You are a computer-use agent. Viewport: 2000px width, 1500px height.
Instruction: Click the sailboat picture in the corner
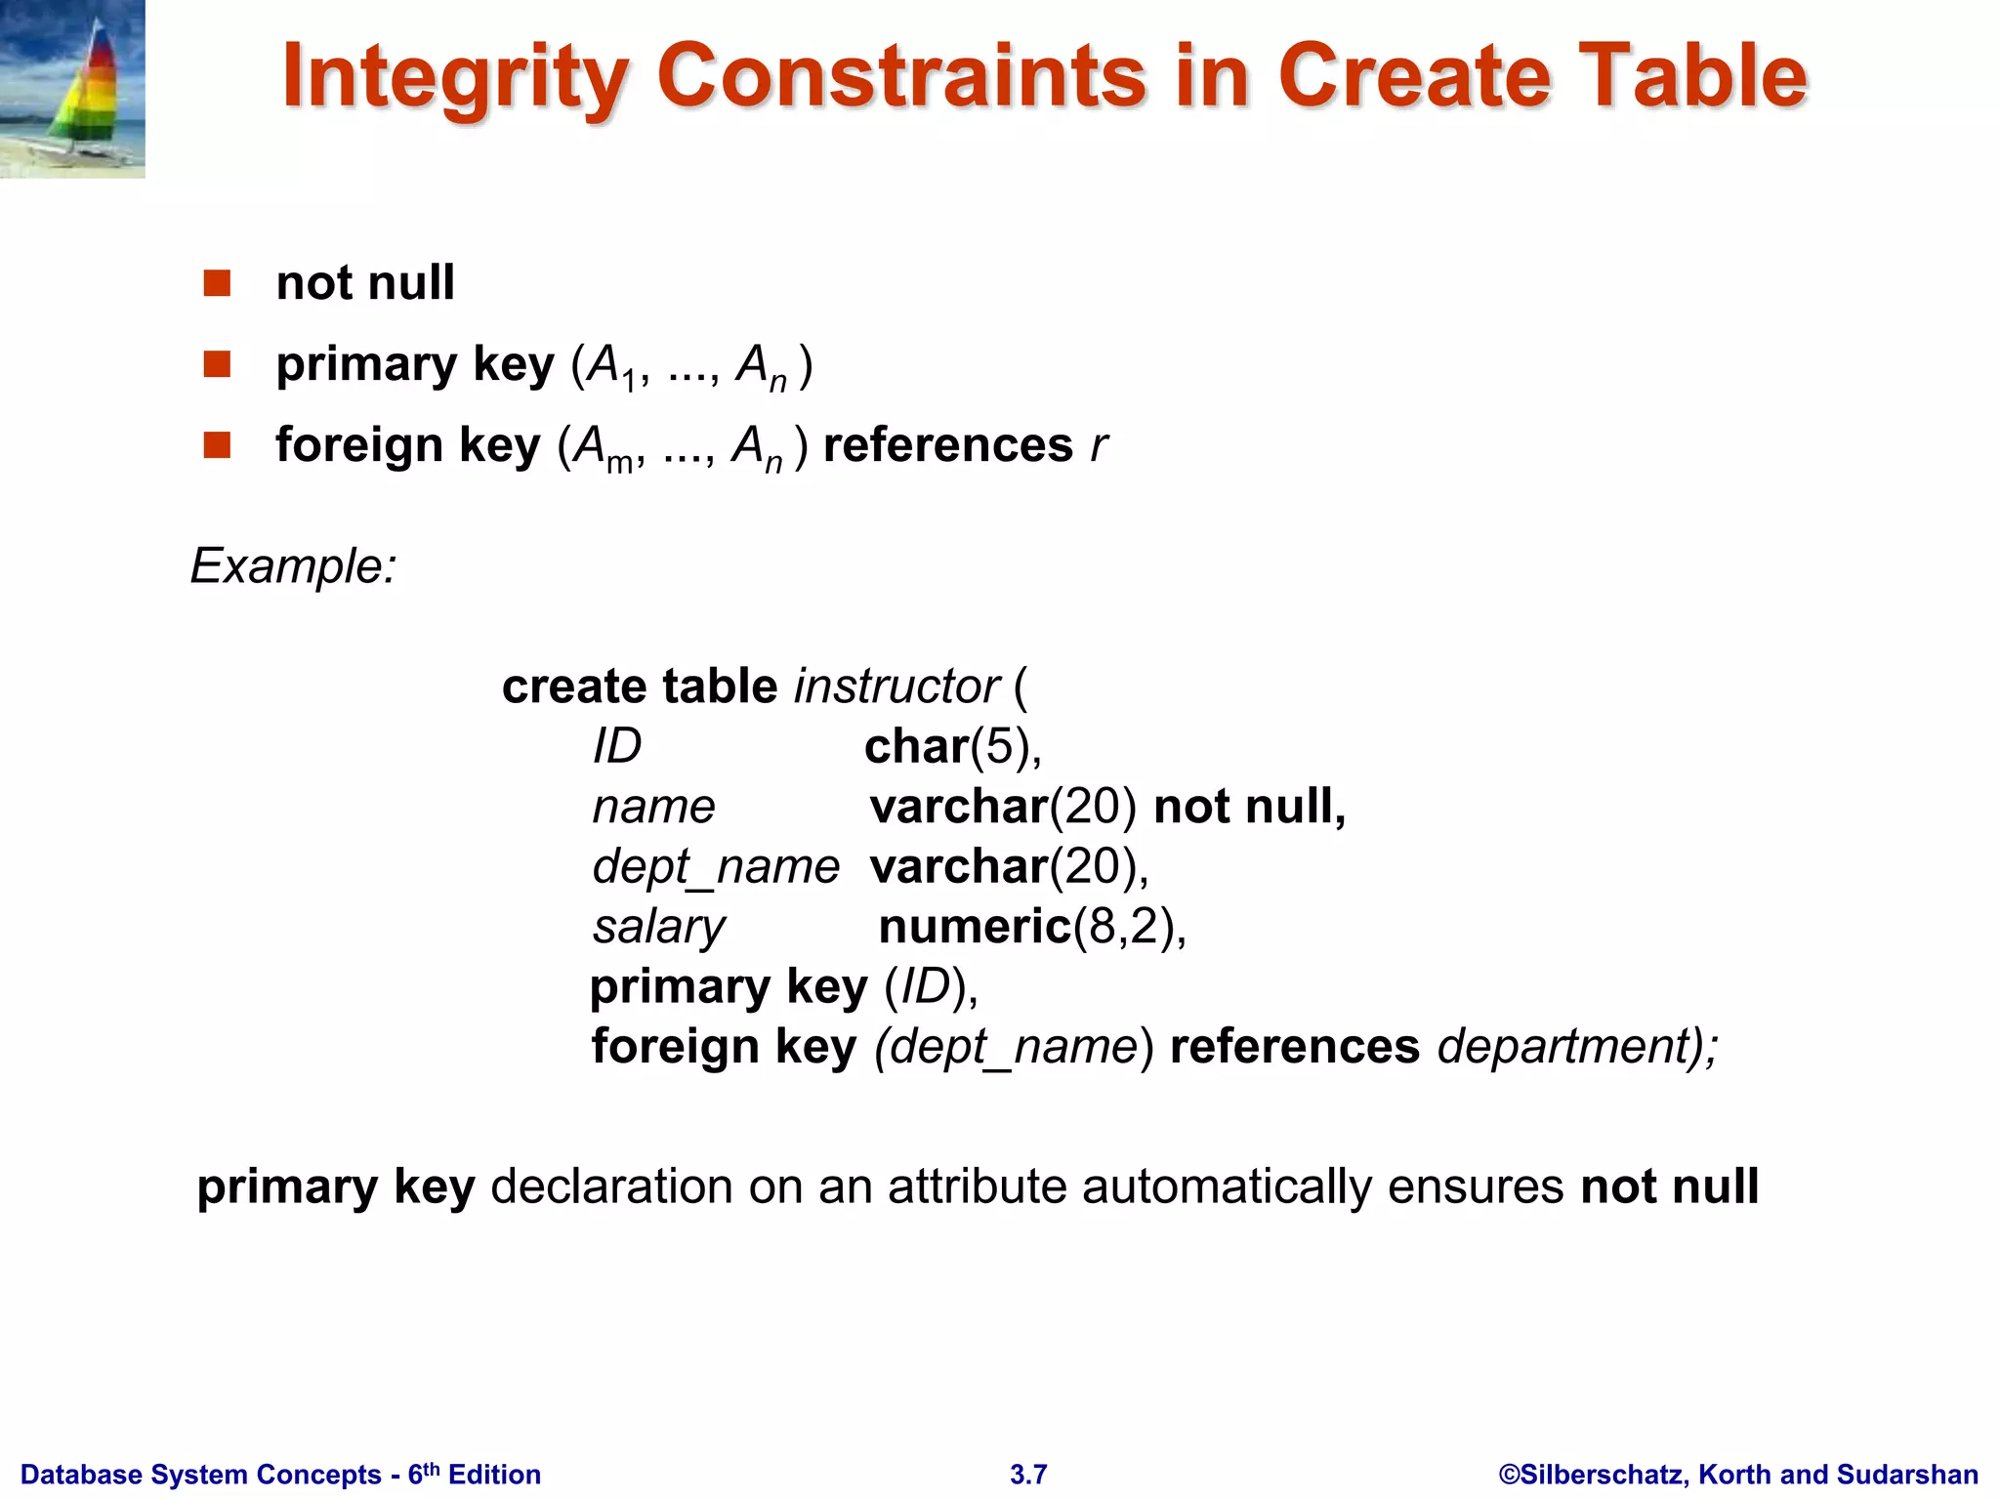coord(72,89)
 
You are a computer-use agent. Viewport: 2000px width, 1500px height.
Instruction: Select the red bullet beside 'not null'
coord(217,283)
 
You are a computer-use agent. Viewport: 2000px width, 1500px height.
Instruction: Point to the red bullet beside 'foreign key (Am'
coord(217,445)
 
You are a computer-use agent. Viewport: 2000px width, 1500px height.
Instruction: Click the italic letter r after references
coord(1099,446)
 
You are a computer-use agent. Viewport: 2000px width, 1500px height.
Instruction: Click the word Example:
coord(293,565)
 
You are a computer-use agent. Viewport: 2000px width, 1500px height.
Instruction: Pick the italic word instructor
coord(896,687)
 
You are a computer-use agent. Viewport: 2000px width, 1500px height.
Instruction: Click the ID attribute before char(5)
coord(617,747)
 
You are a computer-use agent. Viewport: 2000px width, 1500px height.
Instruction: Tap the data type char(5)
coord(952,747)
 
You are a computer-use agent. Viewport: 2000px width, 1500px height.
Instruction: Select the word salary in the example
coord(659,927)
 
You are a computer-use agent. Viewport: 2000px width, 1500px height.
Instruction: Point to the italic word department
coord(1562,1047)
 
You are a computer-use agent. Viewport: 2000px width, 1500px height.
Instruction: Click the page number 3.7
coord(1028,1475)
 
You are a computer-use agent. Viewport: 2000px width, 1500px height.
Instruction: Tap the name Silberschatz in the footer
coord(1602,1475)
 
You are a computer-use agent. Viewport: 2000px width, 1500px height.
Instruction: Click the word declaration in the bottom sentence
coord(611,1187)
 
